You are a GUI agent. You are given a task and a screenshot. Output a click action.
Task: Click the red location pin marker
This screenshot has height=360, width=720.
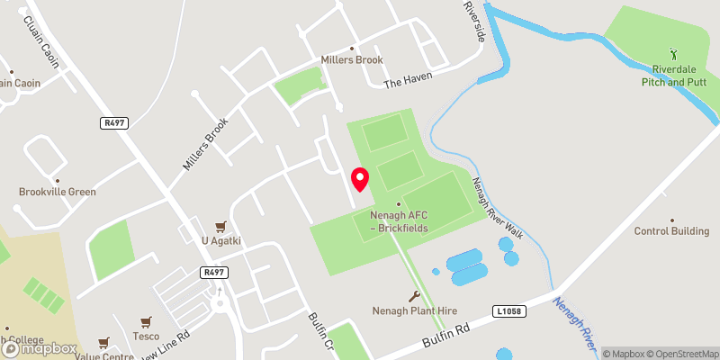(360, 179)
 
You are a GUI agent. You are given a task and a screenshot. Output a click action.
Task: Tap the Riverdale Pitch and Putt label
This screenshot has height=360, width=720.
(673, 75)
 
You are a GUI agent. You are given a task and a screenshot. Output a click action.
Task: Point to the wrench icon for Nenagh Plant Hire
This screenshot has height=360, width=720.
(414, 296)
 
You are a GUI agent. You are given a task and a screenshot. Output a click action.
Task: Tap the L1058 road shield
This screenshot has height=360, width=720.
(508, 311)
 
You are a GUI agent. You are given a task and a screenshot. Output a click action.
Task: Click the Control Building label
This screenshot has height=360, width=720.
(672, 231)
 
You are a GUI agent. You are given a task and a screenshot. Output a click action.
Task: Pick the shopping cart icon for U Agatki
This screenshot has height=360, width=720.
(219, 226)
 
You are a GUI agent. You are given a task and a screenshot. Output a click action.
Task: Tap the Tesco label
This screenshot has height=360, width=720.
(146, 336)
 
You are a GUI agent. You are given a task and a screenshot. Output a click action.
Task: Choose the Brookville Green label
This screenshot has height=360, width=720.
(57, 192)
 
